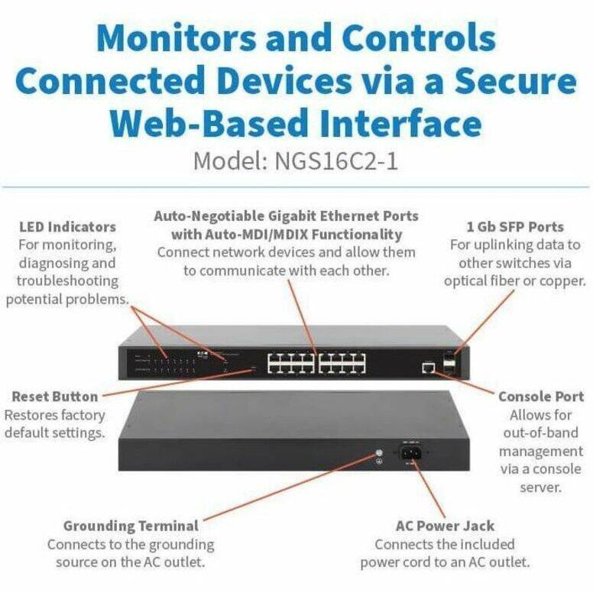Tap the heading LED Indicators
tap(68, 227)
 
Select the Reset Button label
tap(55, 397)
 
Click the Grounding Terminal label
tap(131, 526)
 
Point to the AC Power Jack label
tap(445, 526)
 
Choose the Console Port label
tap(541, 397)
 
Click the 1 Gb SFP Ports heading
tap(514, 227)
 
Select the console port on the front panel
tap(428, 368)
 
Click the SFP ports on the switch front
tap(449, 361)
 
